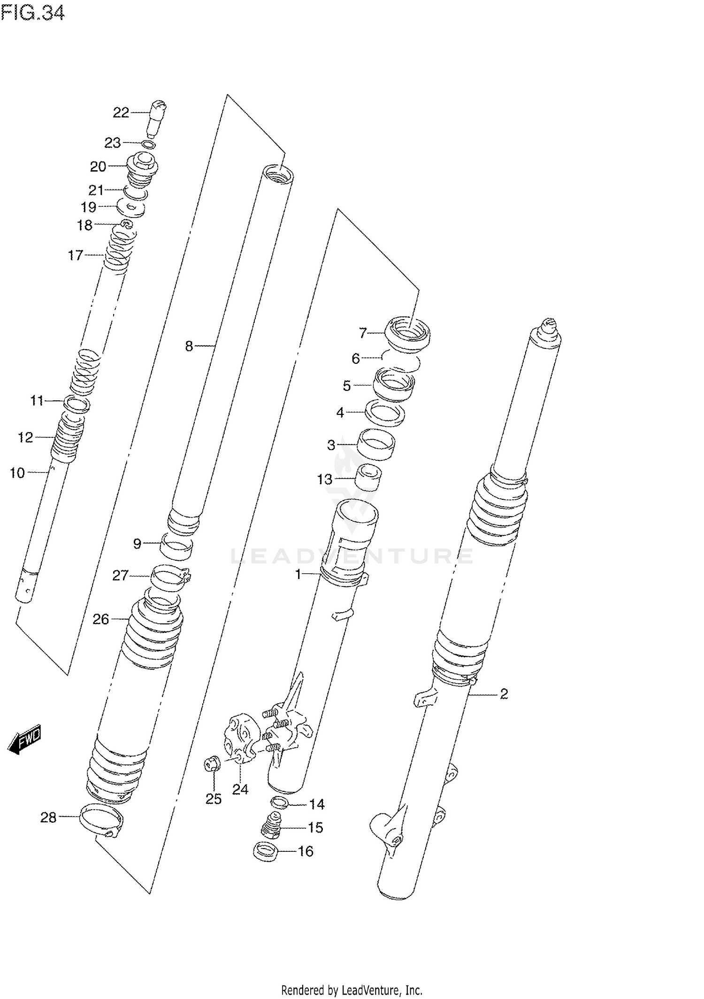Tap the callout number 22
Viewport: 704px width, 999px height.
pos(121,113)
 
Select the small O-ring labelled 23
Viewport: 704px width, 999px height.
pos(148,144)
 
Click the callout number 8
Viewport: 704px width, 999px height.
pos(189,346)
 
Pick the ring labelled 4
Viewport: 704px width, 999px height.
pos(385,413)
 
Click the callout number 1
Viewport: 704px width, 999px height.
pos(298,574)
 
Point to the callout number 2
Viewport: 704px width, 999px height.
pos(504,694)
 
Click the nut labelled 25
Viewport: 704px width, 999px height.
pos(213,764)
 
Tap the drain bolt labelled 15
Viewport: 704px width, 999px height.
pos(270,827)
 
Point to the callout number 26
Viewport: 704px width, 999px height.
pos(100,620)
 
